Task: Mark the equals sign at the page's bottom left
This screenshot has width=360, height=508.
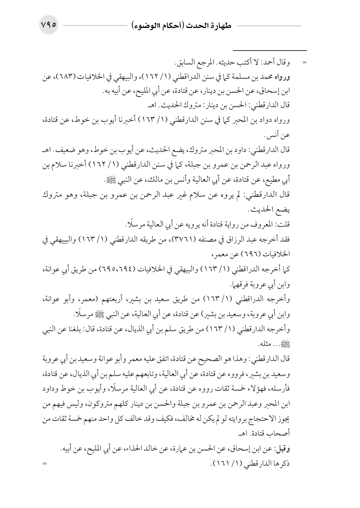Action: coord(45,464)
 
